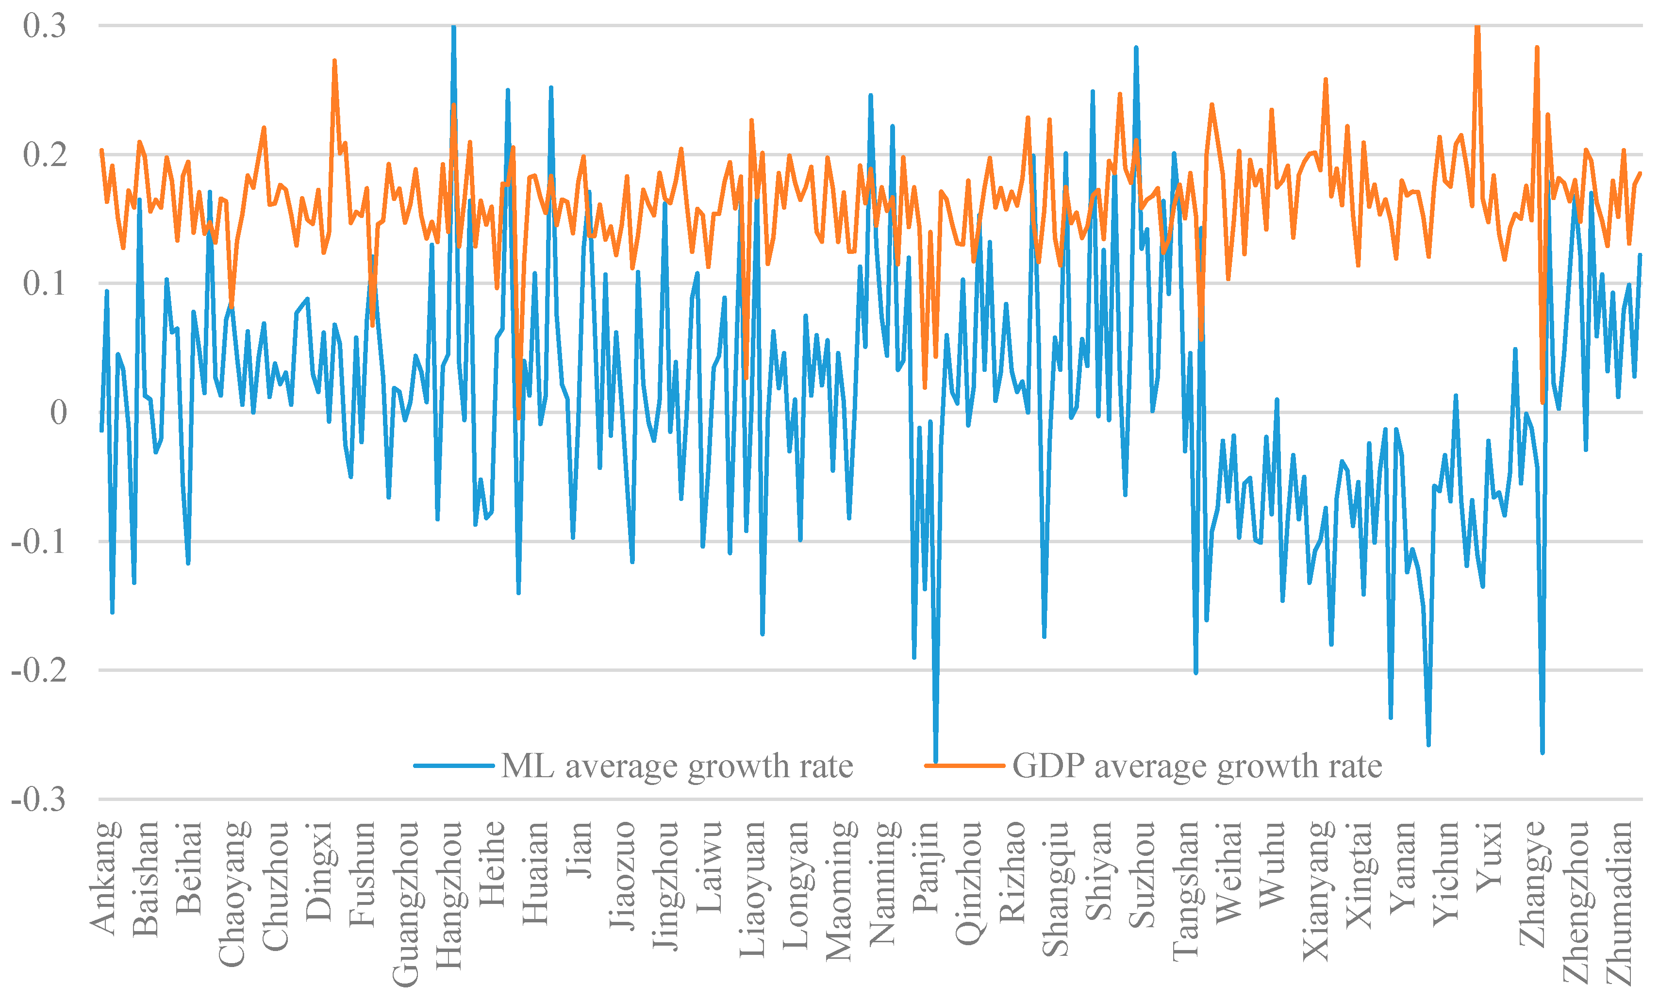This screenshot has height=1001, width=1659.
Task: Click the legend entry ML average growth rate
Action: click(x=677, y=766)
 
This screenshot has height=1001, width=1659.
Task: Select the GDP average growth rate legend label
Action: click(x=1197, y=766)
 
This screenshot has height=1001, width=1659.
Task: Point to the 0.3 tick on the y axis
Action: click(x=45, y=26)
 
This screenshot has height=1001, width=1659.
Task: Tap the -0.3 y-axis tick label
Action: click(x=38, y=800)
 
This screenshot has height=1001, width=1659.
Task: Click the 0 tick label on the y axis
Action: click(x=59, y=412)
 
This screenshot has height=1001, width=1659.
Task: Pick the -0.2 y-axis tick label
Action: click(x=38, y=670)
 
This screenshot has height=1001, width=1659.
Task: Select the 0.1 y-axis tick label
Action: click(x=45, y=284)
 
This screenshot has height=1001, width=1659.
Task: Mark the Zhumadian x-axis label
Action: click(x=1619, y=902)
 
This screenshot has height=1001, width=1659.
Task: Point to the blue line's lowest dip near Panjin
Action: click(x=936, y=761)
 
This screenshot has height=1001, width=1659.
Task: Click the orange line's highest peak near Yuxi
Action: click(x=1477, y=27)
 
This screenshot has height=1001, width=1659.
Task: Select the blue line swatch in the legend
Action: click(x=454, y=766)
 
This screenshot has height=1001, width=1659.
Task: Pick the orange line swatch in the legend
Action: click(x=965, y=766)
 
